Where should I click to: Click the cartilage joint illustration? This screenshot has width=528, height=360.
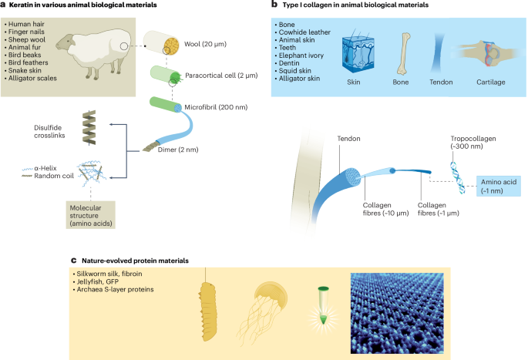pos(485,52)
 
